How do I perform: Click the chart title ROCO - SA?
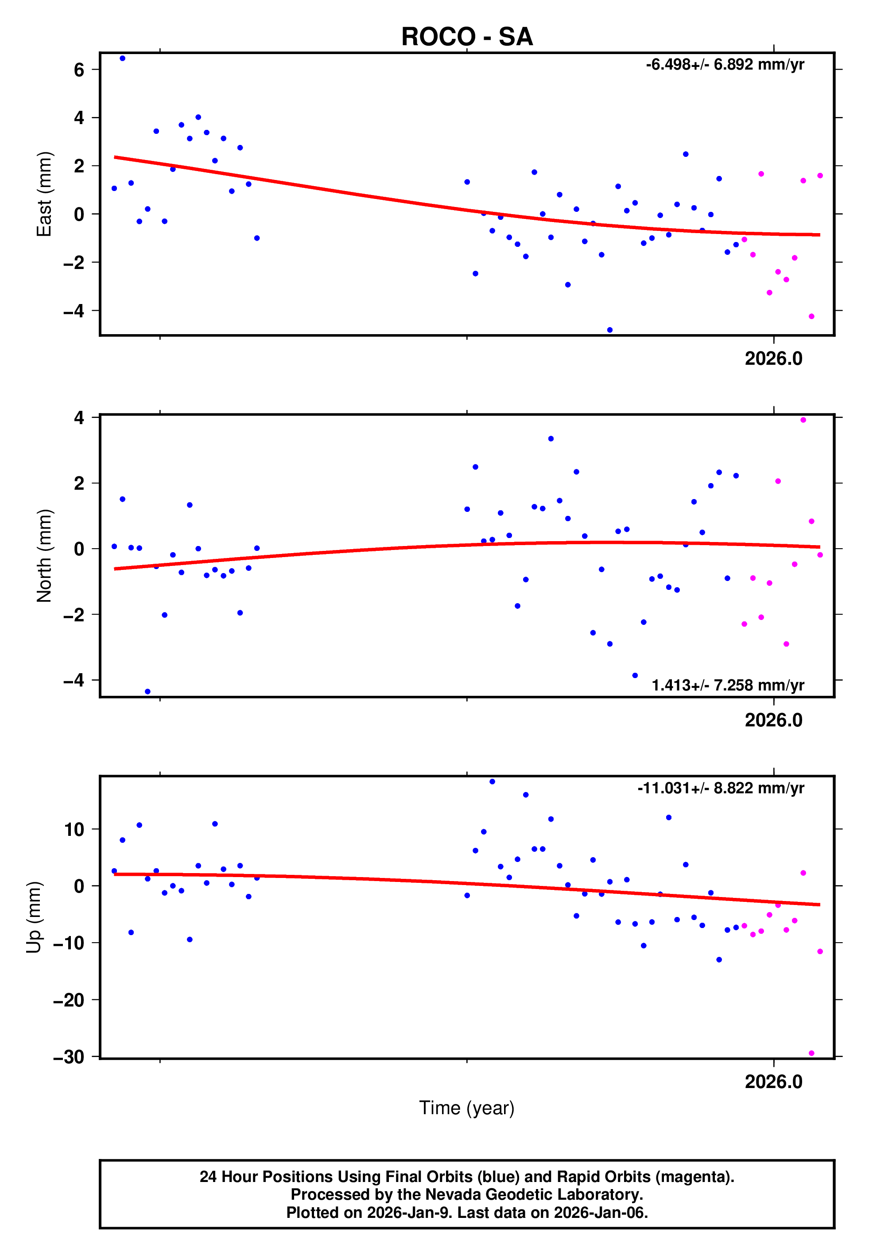click(x=467, y=37)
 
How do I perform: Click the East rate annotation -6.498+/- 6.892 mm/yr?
click(x=725, y=65)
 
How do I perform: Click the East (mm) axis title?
click(x=44, y=194)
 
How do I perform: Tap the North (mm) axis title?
click(x=44, y=556)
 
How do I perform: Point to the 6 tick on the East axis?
click(x=79, y=70)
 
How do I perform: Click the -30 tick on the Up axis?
click(x=69, y=1057)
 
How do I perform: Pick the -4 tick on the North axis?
click(x=74, y=680)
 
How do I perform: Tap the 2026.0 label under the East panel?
click(x=773, y=359)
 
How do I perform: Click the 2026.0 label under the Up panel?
click(x=773, y=1081)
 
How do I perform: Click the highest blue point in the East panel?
click(x=123, y=58)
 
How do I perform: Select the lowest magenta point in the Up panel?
click(x=811, y=1053)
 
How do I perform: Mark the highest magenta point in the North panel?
click(x=803, y=420)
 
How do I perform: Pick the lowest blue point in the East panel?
click(x=610, y=330)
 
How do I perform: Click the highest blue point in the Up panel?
click(x=492, y=782)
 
